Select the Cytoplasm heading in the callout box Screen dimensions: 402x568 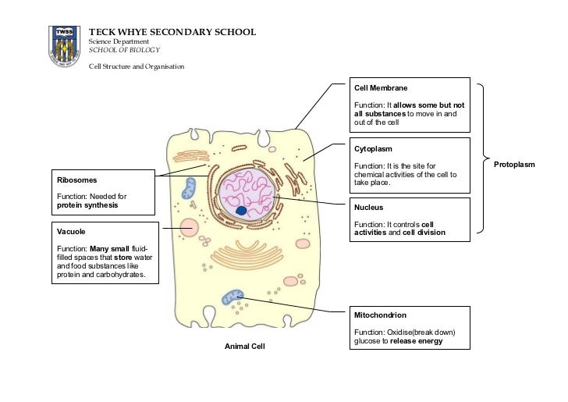pos(373,148)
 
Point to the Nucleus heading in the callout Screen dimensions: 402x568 pos(368,208)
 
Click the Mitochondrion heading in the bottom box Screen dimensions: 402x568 pos(379,315)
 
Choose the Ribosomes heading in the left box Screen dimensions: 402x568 pos(77,180)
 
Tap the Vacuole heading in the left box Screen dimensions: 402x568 pos(71,232)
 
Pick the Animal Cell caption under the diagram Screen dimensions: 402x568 pos(245,345)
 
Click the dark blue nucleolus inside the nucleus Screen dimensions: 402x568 pos(242,211)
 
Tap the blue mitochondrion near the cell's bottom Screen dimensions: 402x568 pos(233,297)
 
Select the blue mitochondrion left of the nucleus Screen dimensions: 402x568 pos(190,188)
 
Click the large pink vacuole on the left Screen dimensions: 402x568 pos(190,228)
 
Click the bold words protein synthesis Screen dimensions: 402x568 pos(87,206)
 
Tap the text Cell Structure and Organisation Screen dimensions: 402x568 pos(137,66)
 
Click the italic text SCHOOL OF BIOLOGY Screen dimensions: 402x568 pos(124,49)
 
